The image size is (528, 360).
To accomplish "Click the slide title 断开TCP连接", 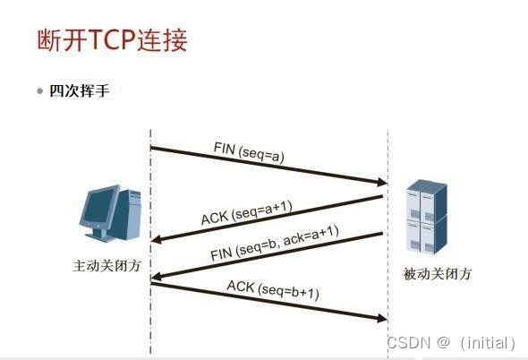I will tap(112, 41).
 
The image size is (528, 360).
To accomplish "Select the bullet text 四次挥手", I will tap(79, 91).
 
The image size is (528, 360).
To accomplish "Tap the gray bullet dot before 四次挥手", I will tap(40, 91).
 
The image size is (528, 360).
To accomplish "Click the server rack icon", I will tap(425, 216).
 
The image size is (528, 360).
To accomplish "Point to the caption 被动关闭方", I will tap(437, 273).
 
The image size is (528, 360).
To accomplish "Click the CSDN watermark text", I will tap(410, 342).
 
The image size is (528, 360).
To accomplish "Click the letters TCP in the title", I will tap(112, 41).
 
